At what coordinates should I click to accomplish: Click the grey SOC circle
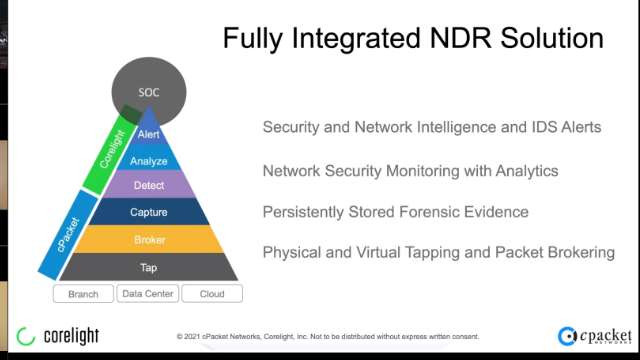pyautogui.click(x=148, y=92)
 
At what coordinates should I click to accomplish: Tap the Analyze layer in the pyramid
pyautogui.click(x=148, y=160)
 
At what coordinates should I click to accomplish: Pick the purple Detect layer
pyautogui.click(x=148, y=186)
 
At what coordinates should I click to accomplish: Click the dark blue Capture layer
pyautogui.click(x=148, y=212)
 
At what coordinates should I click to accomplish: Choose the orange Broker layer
pyautogui.click(x=148, y=240)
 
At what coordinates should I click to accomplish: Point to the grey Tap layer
pyautogui.click(x=148, y=267)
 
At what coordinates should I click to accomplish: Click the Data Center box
pyautogui.click(x=148, y=294)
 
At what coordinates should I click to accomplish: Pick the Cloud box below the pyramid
pyautogui.click(x=212, y=294)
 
